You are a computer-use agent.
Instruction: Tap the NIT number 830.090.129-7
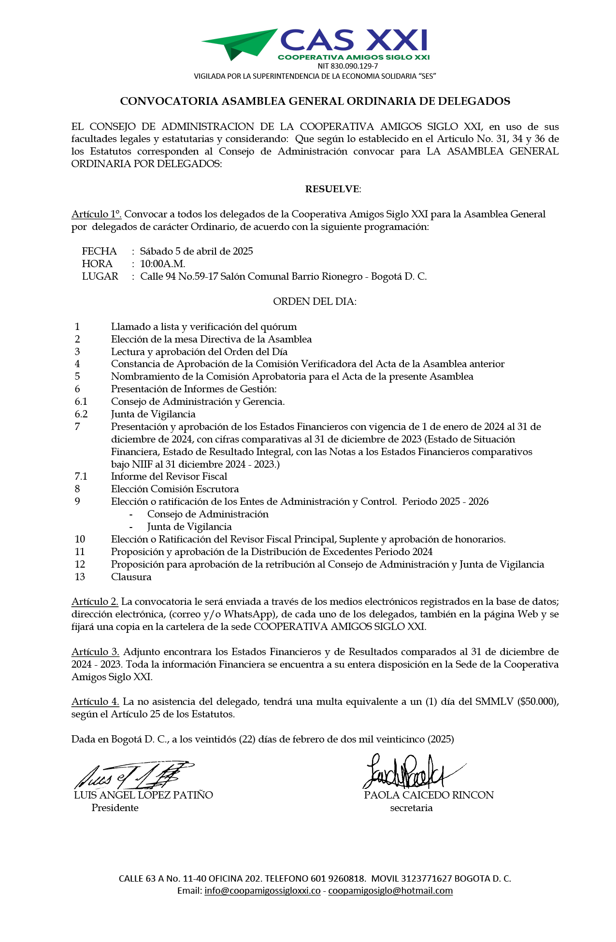pyautogui.click(x=347, y=66)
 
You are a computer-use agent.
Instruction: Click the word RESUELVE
pyautogui.click(x=332, y=189)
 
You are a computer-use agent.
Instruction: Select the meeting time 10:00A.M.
pyautogui.click(x=163, y=264)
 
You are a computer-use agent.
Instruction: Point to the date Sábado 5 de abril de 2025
pyautogui.click(x=196, y=251)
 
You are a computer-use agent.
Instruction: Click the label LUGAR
pyautogui.click(x=100, y=276)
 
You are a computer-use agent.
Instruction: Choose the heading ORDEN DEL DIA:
pyautogui.click(x=315, y=301)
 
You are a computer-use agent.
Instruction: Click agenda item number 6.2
pyautogui.click(x=81, y=414)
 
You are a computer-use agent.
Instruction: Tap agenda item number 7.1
pyautogui.click(x=81, y=476)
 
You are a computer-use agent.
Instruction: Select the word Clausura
pyautogui.click(x=131, y=577)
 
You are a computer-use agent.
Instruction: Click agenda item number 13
pyautogui.click(x=80, y=577)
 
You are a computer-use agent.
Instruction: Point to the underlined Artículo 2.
pyautogui.click(x=95, y=601)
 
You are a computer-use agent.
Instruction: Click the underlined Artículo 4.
pyautogui.click(x=95, y=701)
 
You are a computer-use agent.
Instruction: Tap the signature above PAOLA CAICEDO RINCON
pyautogui.click(x=408, y=772)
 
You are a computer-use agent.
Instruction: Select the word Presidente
pyautogui.click(x=115, y=808)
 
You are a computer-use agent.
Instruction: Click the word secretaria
pyautogui.click(x=411, y=808)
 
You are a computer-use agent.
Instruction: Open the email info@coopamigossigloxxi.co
pyautogui.click(x=262, y=890)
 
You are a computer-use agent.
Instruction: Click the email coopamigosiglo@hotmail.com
pyautogui.click(x=390, y=890)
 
